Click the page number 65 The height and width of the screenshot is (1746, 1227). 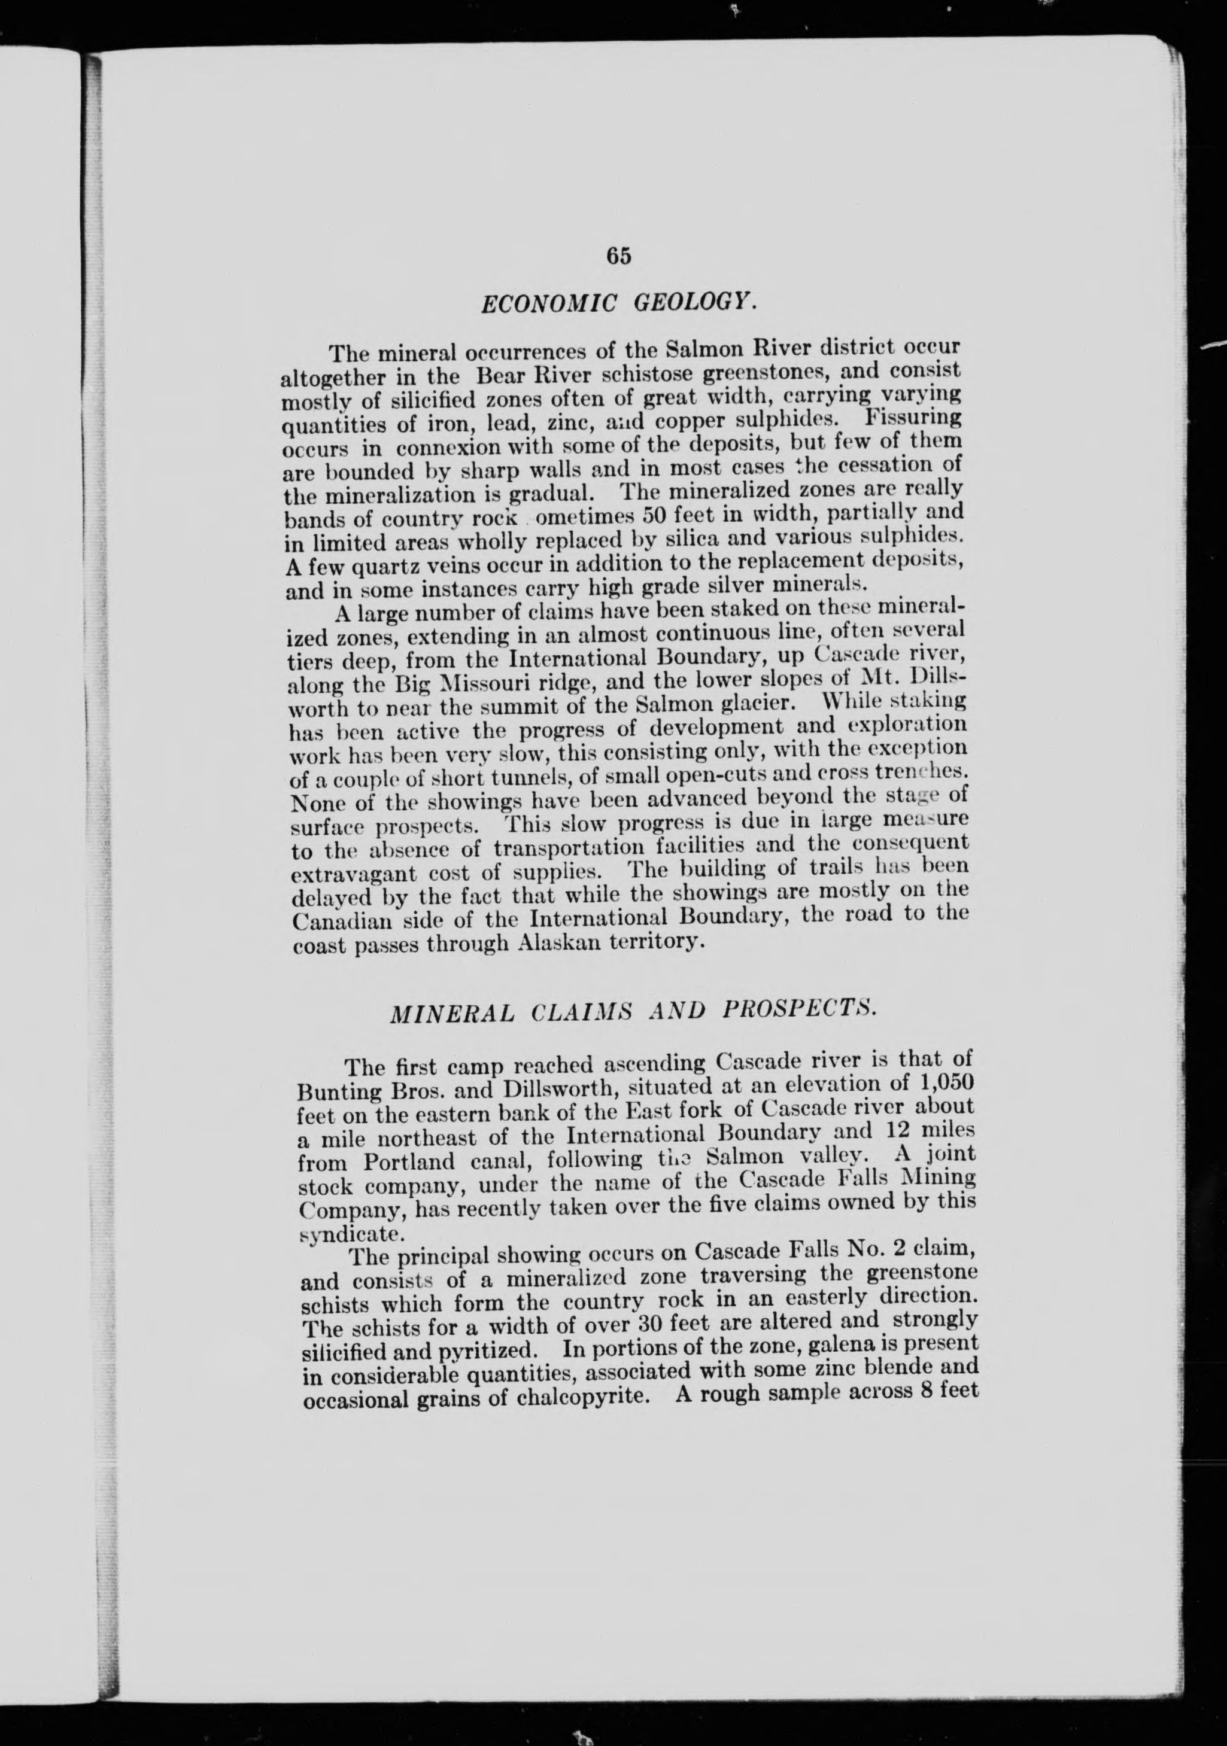click(x=619, y=256)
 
